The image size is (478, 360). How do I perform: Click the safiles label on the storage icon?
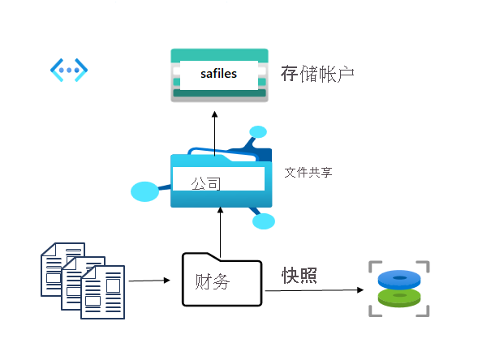pos(218,75)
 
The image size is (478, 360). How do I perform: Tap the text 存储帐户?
pos(317,75)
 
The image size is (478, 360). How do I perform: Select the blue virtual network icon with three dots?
pos(68,71)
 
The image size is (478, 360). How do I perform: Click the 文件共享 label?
pos(308,173)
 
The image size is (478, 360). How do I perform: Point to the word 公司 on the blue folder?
pos(205,183)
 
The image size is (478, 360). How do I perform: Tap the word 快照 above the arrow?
pos(299,275)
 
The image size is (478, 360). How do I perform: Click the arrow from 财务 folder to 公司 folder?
pos(220,230)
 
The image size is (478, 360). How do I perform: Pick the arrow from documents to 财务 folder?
pos(149,281)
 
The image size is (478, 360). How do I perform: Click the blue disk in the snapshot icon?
pos(398,280)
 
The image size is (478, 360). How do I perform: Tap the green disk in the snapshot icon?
pos(398,298)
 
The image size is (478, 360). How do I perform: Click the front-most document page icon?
pos(102,292)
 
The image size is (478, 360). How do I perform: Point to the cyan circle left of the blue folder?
pos(144,192)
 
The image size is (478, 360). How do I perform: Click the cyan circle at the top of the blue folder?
pos(258,132)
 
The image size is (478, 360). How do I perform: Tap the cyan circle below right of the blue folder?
pos(264,221)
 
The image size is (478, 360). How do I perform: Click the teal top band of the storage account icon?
pos(219,54)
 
